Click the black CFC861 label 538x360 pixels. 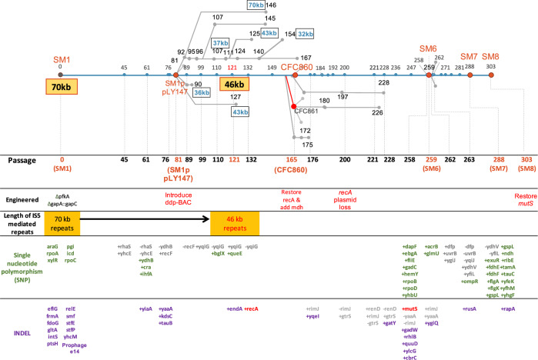point(306,112)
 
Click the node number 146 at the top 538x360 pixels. point(271,6)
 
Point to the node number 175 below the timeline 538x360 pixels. point(306,145)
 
